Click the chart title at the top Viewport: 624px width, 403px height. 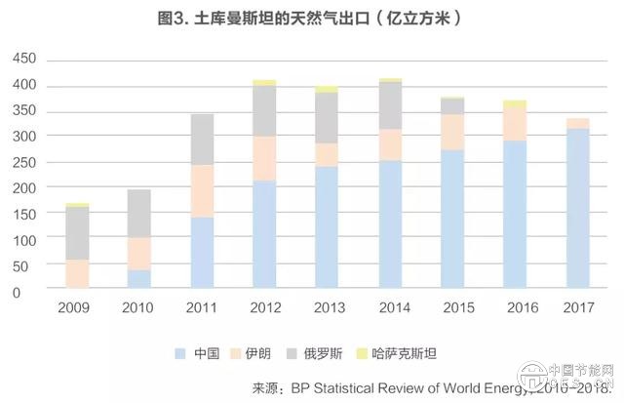[x=312, y=18]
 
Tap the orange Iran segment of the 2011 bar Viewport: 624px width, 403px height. [x=203, y=190]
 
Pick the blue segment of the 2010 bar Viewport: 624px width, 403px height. [x=139, y=279]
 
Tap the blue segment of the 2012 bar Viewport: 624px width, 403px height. [x=265, y=234]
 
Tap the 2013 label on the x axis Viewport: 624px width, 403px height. [x=329, y=307]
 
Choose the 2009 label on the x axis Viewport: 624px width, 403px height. [x=76, y=307]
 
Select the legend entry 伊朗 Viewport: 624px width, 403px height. [x=262, y=351]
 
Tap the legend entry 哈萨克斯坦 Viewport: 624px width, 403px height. [x=426, y=351]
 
